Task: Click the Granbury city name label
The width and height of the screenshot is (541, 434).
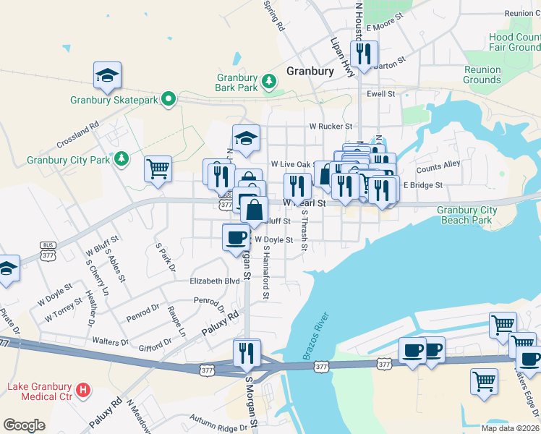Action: tap(310, 71)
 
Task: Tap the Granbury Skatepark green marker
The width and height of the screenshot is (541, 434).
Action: tap(169, 98)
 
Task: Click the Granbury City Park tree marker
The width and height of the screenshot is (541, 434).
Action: tap(122, 158)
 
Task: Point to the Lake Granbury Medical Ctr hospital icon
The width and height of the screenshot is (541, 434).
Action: tap(84, 391)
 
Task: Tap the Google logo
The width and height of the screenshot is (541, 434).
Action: tap(24, 425)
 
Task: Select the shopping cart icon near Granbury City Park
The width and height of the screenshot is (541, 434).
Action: tap(158, 169)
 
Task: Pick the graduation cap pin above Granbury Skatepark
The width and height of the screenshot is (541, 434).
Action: tap(107, 75)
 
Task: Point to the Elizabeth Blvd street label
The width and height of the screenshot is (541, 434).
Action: tap(214, 281)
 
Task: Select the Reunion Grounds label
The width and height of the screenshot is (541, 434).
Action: tap(482, 75)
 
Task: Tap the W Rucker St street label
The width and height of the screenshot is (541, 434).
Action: tap(330, 126)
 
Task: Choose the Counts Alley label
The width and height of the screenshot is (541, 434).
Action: tap(438, 166)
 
